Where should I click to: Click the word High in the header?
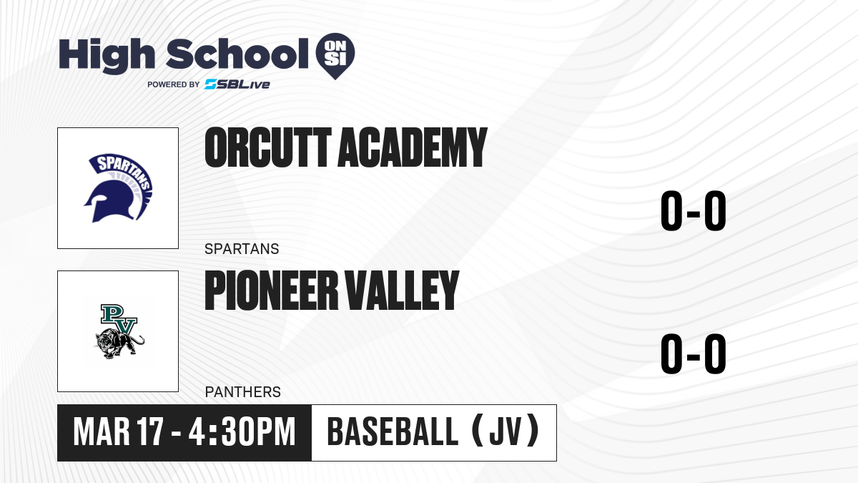(107, 55)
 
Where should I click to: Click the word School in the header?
(237, 54)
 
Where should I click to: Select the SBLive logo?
(237, 84)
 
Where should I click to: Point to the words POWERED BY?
(174, 84)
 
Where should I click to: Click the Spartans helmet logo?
(118, 188)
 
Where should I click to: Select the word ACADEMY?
(413, 147)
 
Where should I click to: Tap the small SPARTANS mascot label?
(242, 249)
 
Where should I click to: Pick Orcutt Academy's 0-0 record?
(694, 211)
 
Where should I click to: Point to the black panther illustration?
(119, 343)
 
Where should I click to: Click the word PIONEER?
(272, 291)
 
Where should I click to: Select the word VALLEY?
(402, 291)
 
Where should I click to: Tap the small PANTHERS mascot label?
(243, 392)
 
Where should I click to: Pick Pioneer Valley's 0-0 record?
(694, 353)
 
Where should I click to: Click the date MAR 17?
(119, 432)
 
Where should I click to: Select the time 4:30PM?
(242, 432)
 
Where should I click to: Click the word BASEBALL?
(393, 432)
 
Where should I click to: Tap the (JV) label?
(506, 432)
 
